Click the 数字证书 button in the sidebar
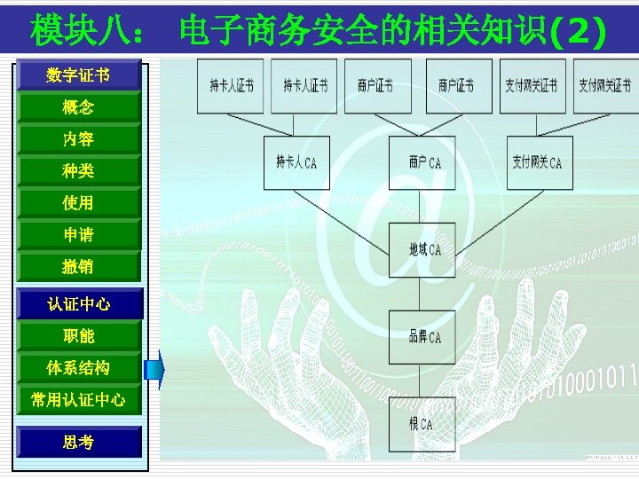pos(78,75)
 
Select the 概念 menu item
pos(78,107)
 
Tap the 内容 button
pos(78,139)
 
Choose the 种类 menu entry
pos(78,171)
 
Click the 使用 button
pos(78,203)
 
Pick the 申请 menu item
pos(78,235)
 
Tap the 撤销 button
pos(78,267)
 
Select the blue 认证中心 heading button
pos(78,304)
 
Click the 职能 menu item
pos(78,336)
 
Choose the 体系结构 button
pos(78,368)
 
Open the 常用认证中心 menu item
pos(78,400)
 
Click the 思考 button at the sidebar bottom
pos(78,442)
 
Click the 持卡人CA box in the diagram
pos(296,162)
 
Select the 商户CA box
pos(422,162)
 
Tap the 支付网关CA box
pos(536,162)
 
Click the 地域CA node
pos(422,250)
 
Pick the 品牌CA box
pos(422,337)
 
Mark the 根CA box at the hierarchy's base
pos(422,424)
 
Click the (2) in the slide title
pos(578,32)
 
